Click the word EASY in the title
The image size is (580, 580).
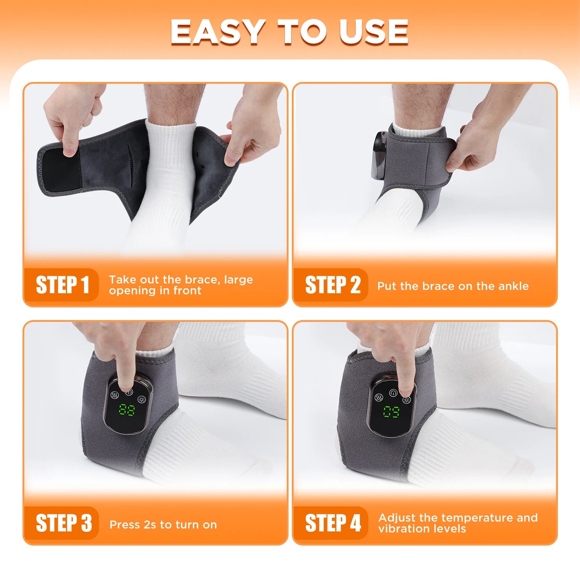tap(217, 32)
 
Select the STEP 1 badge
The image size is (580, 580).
tap(62, 285)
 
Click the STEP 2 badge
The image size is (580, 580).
tap(332, 285)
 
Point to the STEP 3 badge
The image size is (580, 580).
tap(63, 523)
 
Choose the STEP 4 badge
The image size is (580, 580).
tap(332, 523)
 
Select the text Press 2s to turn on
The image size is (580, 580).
tap(163, 525)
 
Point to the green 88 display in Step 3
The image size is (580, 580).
tap(127, 410)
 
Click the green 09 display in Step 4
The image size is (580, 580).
tap(391, 411)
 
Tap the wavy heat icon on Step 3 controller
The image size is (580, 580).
tap(114, 395)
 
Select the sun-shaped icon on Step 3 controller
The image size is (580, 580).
tap(141, 399)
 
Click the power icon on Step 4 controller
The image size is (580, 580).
tap(393, 393)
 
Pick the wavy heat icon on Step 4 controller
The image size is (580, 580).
tap(379, 397)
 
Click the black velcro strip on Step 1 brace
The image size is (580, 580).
tap(60, 171)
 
